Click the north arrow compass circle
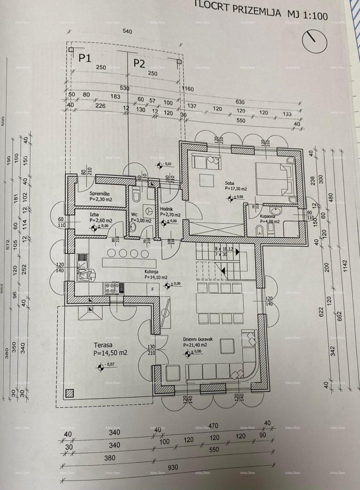point(314,40)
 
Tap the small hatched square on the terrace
point(70,394)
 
